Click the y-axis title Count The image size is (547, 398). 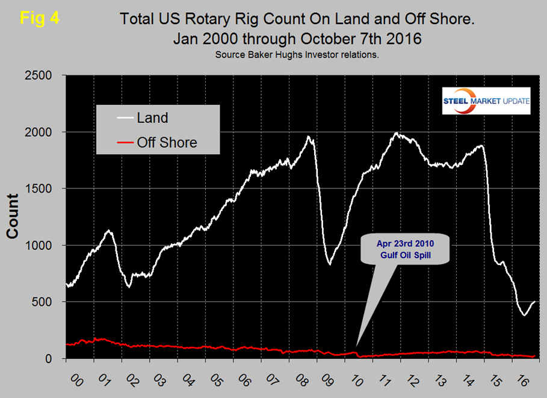pyautogui.click(x=13, y=217)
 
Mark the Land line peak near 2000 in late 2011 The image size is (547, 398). pyautogui.click(x=396, y=132)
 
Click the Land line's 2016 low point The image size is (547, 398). pyautogui.click(x=524, y=315)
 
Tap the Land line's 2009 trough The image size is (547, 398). pyautogui.click(x=329, y=264)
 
